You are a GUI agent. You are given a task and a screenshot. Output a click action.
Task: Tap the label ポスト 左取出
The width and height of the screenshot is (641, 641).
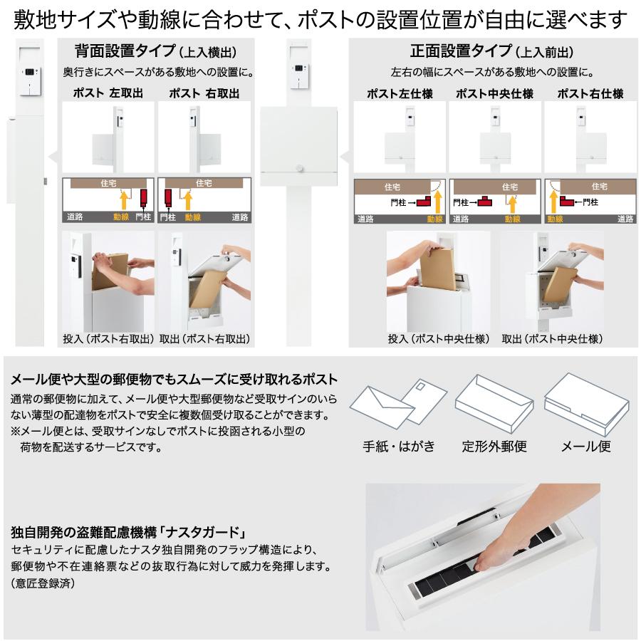click(x=108, y=93)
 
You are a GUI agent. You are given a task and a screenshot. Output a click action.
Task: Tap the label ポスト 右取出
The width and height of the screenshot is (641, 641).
click(x=204, y=93)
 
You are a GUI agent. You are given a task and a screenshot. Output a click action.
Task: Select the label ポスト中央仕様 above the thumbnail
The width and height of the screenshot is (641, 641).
click(x=494, y=93)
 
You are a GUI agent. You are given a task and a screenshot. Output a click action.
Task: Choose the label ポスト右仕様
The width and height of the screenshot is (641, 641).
click(x=590, y=93)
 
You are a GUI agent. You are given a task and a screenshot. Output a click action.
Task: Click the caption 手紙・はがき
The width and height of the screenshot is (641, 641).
click(x=399, y=447)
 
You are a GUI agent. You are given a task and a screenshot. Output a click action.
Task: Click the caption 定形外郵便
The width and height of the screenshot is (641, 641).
click(x=494, y=447)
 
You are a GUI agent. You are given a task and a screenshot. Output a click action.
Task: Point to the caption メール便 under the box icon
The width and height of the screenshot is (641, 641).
click(x=586, y=447)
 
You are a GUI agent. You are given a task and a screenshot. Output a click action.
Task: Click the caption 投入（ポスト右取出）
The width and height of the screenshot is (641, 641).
click(x=108, y=338)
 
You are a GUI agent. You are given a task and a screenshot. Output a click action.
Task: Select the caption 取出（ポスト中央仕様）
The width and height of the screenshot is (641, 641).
click(x=552, y=338)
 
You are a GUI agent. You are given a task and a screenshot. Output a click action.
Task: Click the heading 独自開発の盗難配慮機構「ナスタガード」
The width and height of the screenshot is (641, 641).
click(x=129, y=531)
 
